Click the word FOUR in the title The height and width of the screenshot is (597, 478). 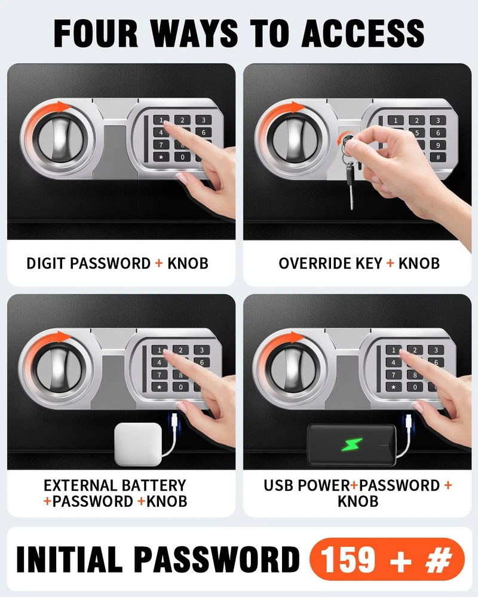[x=96, y=33]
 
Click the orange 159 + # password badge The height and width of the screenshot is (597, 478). [x=387, y=559]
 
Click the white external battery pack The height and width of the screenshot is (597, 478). [x=138, y=444]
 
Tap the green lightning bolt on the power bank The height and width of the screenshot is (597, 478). [x=351, y=444]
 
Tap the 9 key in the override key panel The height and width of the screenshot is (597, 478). [x=438, y=144]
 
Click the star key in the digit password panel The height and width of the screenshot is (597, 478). [x=161, y=157]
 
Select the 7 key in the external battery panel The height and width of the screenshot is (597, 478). [x=160, y=375]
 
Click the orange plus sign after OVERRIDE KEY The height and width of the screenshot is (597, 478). [x=390, y=263]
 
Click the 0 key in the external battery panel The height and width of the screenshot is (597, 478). [x=180, y=387]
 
